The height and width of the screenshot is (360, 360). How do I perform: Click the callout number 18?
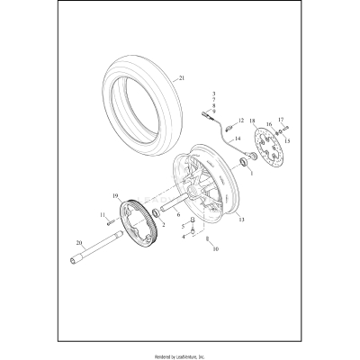pos(252,120)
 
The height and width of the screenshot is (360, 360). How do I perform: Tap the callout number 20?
pos(78,244)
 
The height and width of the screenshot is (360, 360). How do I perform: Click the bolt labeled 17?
pos(279,125)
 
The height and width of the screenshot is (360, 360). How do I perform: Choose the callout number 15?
pos(287,140)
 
